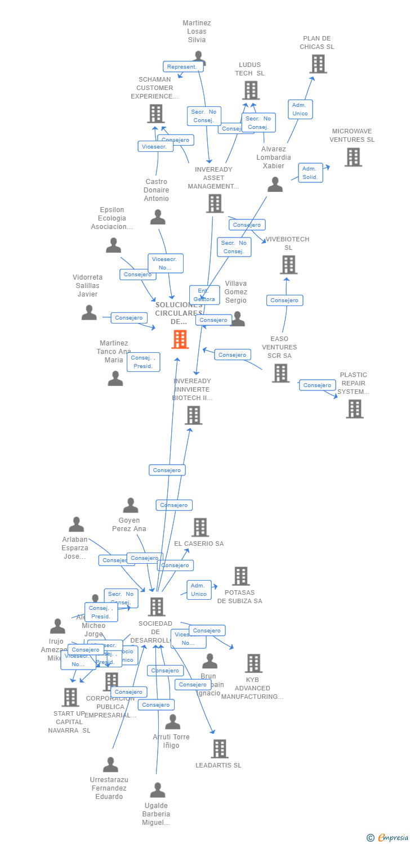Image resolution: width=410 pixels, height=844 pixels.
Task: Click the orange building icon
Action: pos(180,339)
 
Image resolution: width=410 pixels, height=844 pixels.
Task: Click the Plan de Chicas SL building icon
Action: pos(318,64)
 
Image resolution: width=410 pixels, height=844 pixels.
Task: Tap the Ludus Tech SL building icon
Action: pos(251,90)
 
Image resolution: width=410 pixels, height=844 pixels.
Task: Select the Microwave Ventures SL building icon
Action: pos(353,157)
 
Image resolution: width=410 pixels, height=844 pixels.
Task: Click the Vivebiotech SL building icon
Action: pos(288,264)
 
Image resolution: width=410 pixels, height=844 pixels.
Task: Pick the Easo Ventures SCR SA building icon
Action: pos(280,372)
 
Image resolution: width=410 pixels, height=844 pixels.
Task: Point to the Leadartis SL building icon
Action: pos(220,748)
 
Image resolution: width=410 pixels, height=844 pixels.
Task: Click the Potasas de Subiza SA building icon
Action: pos(241,576)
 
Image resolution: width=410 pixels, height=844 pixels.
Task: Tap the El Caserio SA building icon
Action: pos(200,527)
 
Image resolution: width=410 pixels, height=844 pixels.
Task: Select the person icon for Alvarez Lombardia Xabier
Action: pos(275,185)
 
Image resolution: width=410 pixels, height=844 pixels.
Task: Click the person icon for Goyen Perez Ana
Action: pos(131,505)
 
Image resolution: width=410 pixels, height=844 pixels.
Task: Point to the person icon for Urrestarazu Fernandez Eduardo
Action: pos(110,765)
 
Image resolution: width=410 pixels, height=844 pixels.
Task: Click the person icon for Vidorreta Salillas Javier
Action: pos(89,313)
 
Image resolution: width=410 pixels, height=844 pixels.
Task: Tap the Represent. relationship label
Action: pos(183,66)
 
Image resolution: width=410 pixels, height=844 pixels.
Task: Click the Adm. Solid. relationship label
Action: pos(310,173)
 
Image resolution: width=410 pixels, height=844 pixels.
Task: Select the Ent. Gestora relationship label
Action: pos(204,295)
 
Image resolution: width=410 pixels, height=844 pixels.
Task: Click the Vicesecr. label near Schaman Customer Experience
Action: pos(155,146)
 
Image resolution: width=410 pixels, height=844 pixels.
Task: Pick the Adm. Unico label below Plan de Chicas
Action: pos(300,109)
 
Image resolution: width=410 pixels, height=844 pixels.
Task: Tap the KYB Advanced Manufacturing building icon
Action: pos(253,663)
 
